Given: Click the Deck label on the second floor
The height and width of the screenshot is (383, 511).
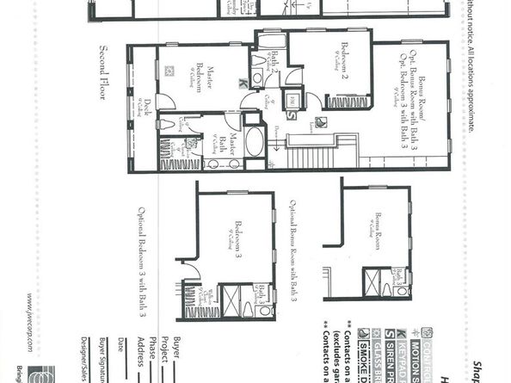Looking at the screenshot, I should point(148,108).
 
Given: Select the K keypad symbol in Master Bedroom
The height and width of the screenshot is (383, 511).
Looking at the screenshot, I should point(243,83).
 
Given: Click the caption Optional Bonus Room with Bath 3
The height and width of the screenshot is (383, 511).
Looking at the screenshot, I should point(292,250).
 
